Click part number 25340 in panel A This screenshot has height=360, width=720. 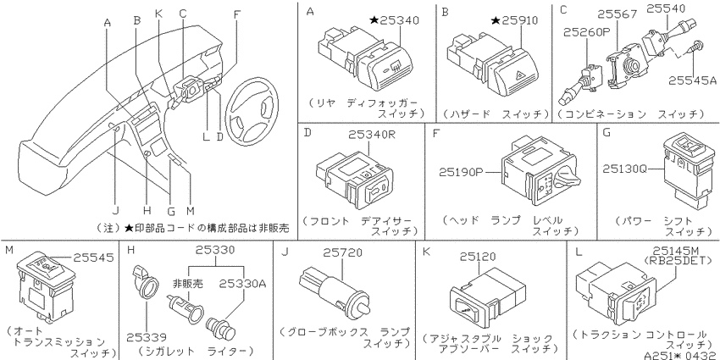click(399, 20)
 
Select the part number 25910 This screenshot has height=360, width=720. click(519, 20)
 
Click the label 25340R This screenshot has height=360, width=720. click(372, 135)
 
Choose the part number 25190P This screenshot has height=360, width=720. click(462, 172)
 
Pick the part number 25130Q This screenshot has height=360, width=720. click(624, 169)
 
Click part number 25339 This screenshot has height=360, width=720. click(147, 338)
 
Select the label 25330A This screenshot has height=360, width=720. click(242, 283)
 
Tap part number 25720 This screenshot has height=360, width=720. click(342, 252)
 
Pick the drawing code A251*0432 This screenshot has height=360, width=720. click(681, 355)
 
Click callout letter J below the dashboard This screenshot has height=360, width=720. click(116, 211)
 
